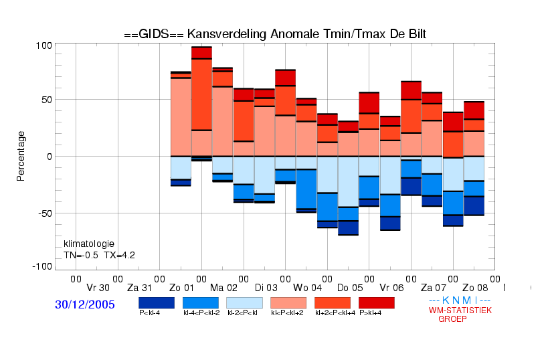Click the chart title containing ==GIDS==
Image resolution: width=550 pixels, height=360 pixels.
tap(275, 33)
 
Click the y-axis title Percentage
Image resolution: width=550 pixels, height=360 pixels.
tap(21, 156)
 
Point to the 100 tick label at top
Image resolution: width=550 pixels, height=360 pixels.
tap(43, 46)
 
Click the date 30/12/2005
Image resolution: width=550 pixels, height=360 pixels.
tap(85, 304)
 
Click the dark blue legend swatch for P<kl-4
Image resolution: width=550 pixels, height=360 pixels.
tap(156, 302)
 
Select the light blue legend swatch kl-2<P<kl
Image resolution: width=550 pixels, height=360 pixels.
tap(244, 302)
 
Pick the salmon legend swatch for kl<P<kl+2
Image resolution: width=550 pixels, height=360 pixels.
tap(288, 302)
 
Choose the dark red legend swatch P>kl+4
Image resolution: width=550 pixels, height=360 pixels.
tap(377, 302)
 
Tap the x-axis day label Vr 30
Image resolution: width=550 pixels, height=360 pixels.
tap(98, 288)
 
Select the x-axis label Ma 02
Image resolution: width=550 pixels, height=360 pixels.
tap(223, 288)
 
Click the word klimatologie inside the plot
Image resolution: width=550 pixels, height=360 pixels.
tap(89, 244)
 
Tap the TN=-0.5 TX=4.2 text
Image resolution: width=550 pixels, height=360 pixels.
tap(100, 255)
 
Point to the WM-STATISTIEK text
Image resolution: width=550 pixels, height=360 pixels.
tap(460, 310)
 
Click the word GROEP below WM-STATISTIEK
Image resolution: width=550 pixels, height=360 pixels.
tap(452, 319)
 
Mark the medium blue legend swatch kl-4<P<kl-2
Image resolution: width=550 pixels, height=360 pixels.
tap(200, 302)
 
